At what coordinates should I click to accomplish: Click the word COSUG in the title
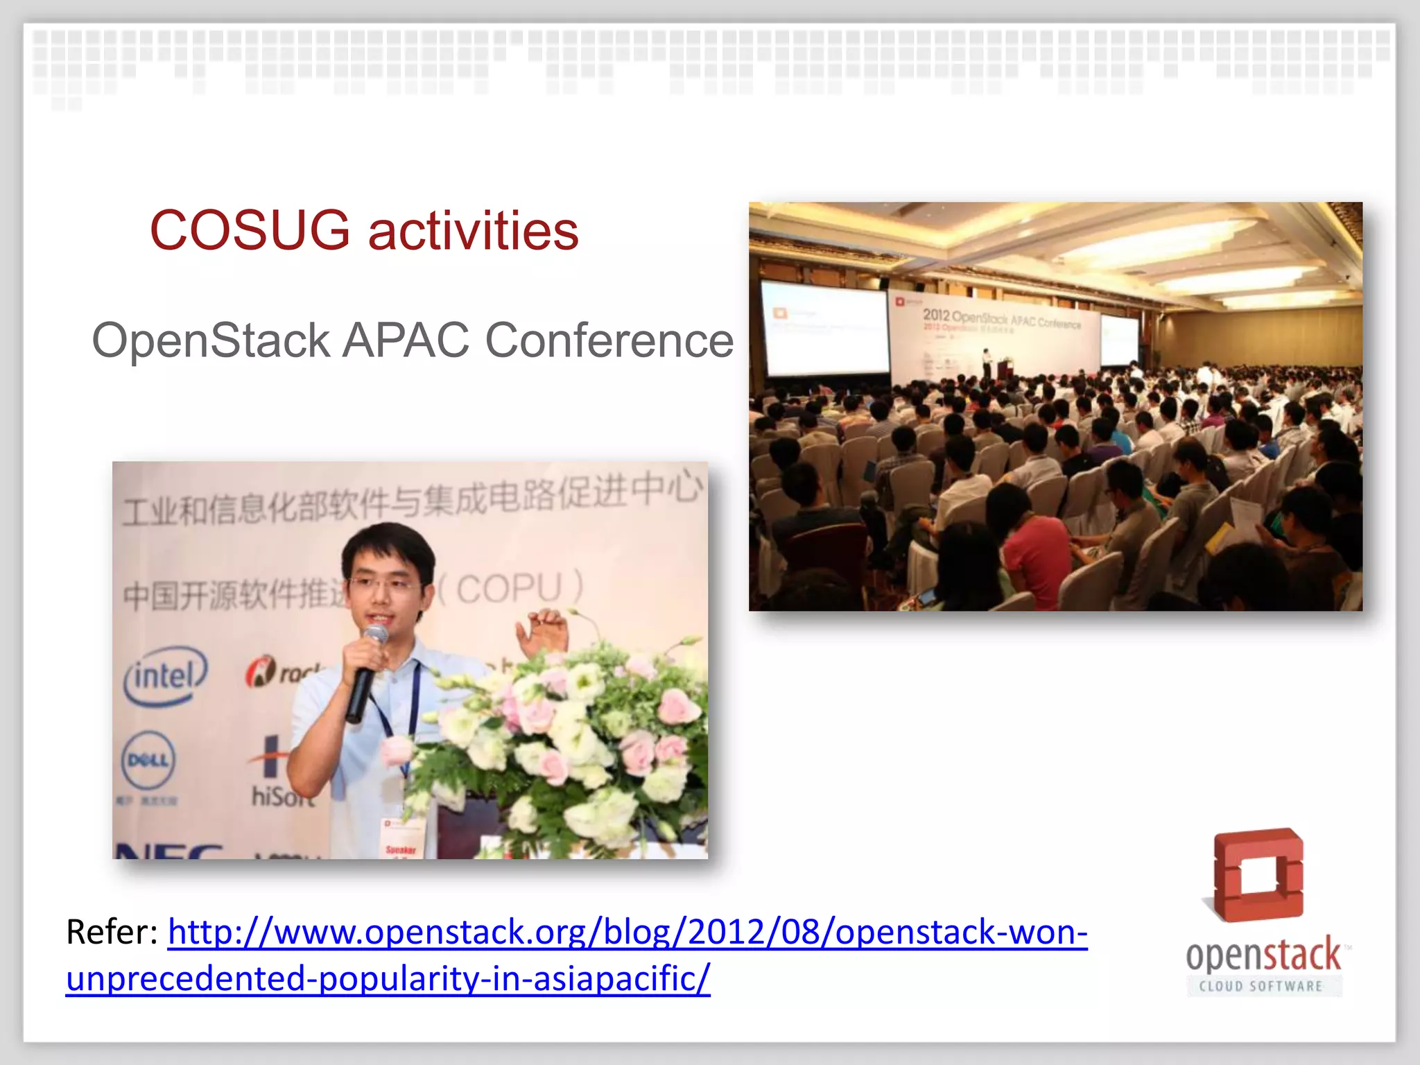[x=250, y=230]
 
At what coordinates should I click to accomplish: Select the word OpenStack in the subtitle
[x=211, y=340]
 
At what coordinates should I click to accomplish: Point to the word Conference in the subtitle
[x=609, y=340]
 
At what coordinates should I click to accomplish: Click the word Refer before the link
[x=111, y=931]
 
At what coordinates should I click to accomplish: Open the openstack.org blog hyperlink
[x=627, y=933]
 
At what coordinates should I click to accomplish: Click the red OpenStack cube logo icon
[x=1258, y=875]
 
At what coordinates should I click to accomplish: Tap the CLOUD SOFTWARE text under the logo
[x=1261, y=986]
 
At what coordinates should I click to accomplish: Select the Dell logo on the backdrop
[x=148, y=760]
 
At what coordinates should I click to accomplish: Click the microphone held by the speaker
[x=365, y=673]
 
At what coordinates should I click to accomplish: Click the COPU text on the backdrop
[x=510, y=588]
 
